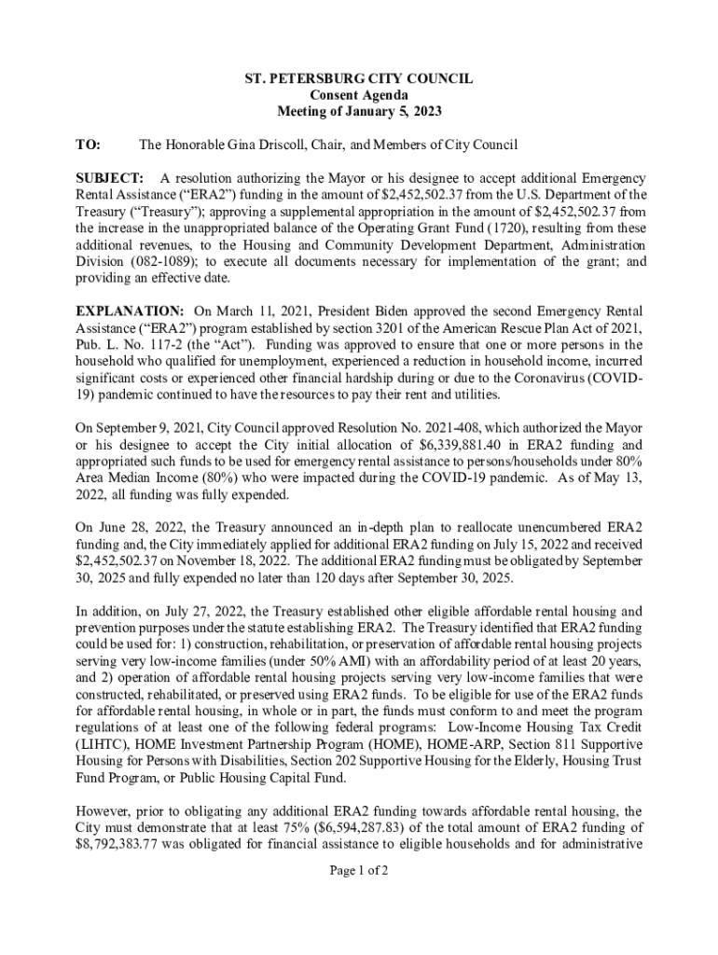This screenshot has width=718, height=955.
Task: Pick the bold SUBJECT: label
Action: tap(109, 177)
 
